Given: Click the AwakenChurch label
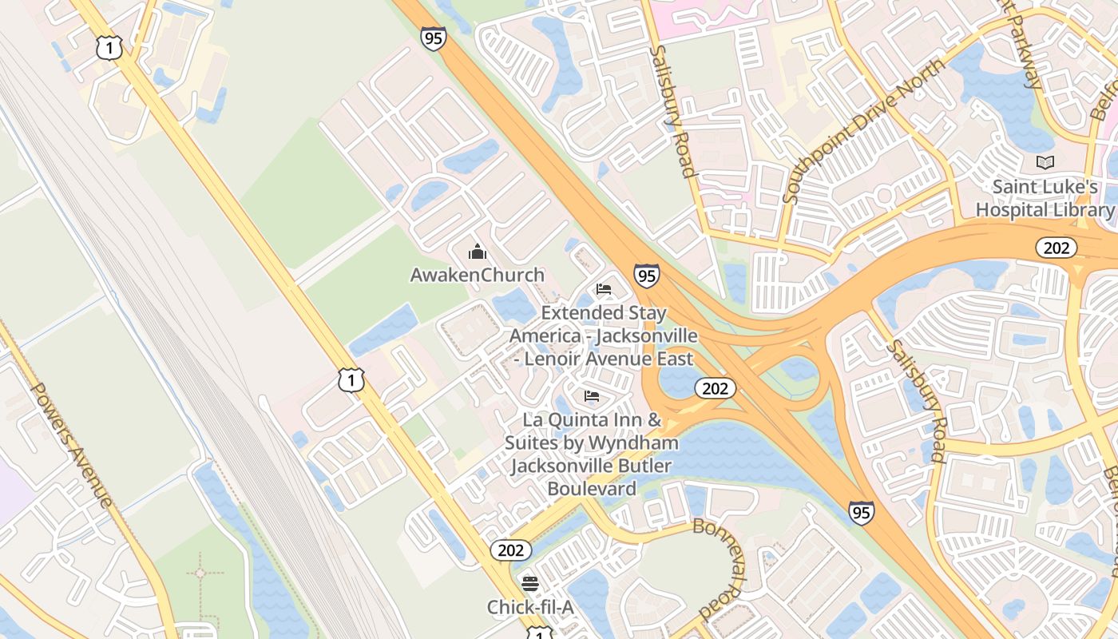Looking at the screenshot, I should point(477,275).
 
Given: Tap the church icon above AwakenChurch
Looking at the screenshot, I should point(478,252).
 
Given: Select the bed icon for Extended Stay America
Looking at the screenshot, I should point(604,289).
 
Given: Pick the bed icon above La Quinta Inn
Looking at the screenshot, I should point(592,395).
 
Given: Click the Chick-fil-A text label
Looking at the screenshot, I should point(530,608).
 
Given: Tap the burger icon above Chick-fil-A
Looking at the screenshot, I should point(530,584).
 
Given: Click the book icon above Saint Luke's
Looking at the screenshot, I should point(1045,163).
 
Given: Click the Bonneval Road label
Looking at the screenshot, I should point(722,568).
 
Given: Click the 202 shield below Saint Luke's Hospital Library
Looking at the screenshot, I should point(1056,248).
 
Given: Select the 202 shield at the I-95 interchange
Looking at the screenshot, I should point(715,388).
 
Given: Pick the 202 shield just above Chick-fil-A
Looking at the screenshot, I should point(510,550).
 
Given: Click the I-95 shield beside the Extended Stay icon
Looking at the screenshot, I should point(647,276).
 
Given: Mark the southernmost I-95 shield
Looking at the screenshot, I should point(861,512).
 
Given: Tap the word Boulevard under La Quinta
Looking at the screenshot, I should point(592,488).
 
